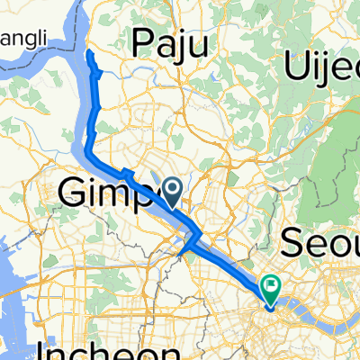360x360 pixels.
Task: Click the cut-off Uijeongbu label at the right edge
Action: (321, 65)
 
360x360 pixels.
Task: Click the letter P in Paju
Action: (144, 43)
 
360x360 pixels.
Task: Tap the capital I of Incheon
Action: (45, 347)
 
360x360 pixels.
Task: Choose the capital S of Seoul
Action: (295, 240)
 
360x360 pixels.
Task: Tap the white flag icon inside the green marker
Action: (271, 284)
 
